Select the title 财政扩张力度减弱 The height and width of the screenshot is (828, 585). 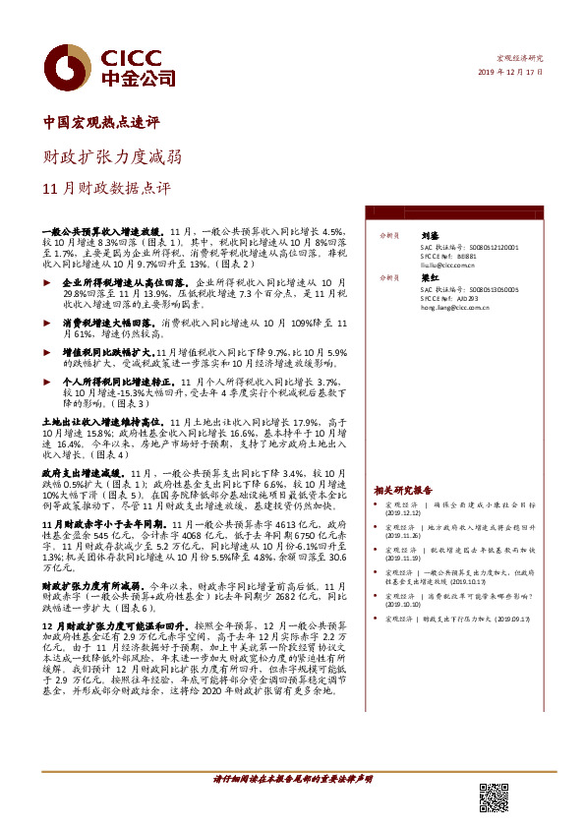(x=110, y=156)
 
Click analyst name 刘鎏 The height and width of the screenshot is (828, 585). (x=429, y=236)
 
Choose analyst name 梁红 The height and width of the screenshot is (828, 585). (x=429, y=278)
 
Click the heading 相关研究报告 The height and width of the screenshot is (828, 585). (x=402, y=490)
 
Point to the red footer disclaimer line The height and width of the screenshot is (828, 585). (x=293, y=778)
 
